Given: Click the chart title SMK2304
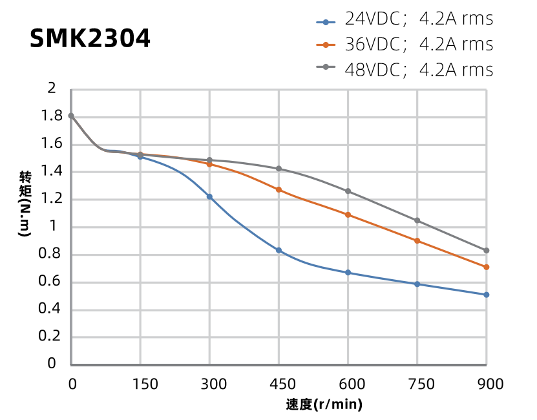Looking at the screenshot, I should point(90,39).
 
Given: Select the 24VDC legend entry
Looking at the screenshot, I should point(405,19).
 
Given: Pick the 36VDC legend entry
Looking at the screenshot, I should point(405,45).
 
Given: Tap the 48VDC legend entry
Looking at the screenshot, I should point(405,69).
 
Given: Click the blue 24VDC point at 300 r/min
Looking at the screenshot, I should point(209,196).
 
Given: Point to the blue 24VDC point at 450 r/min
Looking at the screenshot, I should point(279,250).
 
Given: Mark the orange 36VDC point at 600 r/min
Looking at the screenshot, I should point(348,215).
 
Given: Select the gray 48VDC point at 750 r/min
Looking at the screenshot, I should point(417,220).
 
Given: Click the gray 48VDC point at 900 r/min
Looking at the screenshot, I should point(487,251).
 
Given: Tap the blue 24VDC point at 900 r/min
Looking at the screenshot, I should point(487,295).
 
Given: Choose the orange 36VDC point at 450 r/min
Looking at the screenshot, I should point(279,189).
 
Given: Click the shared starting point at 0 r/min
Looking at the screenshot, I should point(71,116).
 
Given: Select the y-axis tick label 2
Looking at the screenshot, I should point(53,89).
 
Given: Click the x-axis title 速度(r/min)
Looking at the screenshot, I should point(324,405).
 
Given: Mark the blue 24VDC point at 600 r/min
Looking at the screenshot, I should point(348,273).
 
